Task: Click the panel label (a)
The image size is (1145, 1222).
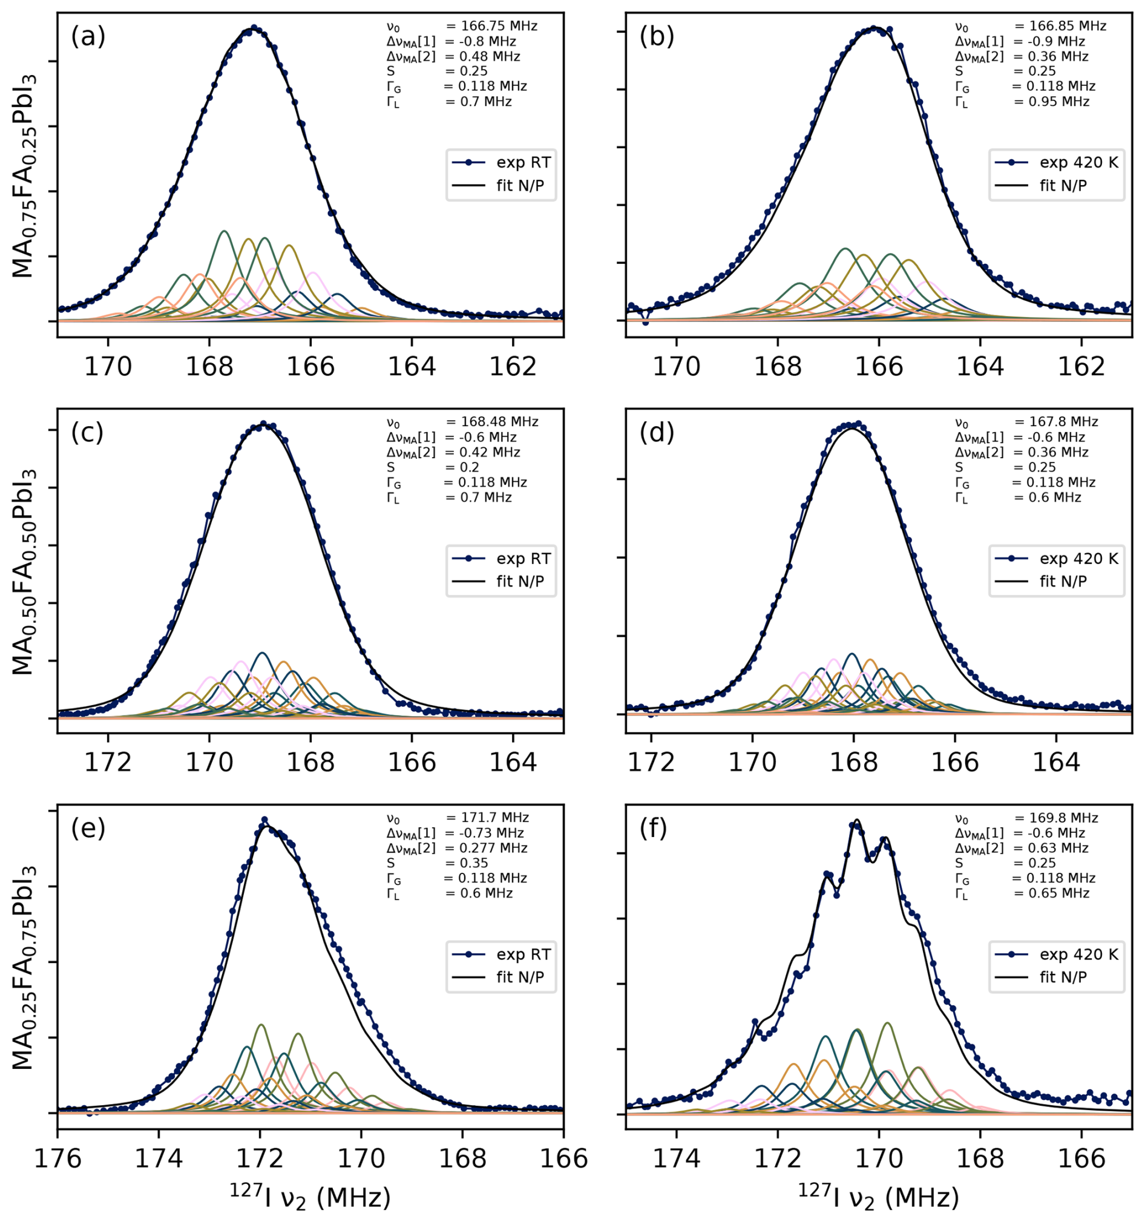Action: point(88,38)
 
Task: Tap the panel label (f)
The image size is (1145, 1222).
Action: point(657,830)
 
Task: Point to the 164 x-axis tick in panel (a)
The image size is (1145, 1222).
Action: point(412,367)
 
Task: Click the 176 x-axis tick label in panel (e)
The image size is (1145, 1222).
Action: point(57,1159)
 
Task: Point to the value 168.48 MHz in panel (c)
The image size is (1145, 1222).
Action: point(500,422)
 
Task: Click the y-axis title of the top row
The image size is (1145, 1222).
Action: point(25,176)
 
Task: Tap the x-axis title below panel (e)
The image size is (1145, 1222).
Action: point(310,1197)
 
